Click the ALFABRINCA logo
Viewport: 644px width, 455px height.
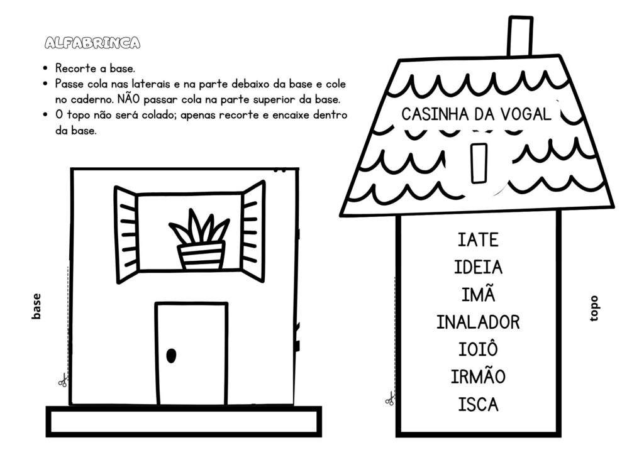[92, 43]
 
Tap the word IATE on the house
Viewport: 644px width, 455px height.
[478, 240]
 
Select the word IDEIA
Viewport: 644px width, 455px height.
[478, 268]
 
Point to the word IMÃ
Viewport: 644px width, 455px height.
[478, 293]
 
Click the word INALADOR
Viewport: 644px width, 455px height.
[478, 322]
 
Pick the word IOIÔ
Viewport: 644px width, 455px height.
[478, 349]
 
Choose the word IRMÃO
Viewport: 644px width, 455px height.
[478, 376]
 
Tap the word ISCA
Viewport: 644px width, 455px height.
[478, 405]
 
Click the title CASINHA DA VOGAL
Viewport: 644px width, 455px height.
[477, 114]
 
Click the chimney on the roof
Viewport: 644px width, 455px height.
[520, 36]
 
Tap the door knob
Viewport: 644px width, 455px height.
[171, 355]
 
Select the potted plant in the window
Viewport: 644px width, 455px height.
[200, 239]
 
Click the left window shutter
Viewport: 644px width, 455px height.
[126, 235]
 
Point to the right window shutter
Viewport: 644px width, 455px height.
[253, 231]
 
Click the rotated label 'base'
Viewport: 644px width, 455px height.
[36, 306]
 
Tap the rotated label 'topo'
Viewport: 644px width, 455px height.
[594, 309]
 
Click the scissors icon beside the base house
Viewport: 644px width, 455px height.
[62, 381]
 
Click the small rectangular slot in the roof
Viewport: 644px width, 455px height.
[479, 163]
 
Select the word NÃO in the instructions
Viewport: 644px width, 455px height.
[128, 99]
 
